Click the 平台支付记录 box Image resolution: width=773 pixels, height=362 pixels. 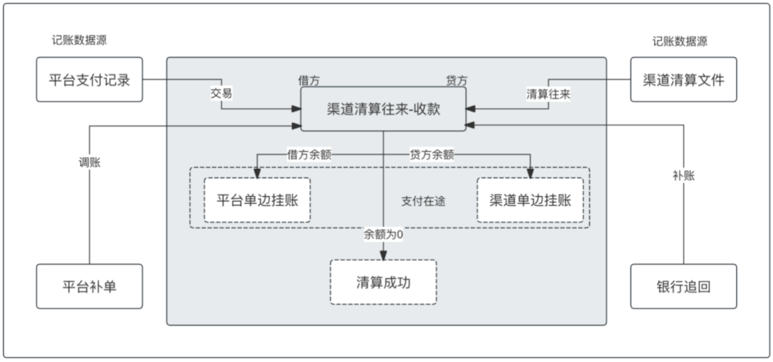pyautogui.click(x=89, y=79)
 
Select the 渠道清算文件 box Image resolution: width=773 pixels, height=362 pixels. pyautogui.click(x=684, y=79)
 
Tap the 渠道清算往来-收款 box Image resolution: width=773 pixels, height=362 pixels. pyautogui.click(x=383, y=109)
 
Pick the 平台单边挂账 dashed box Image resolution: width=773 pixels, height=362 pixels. pyautogui.click(x=258, y=200)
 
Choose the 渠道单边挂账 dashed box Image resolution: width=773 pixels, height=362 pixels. pyautogui.click(x=530, y=200)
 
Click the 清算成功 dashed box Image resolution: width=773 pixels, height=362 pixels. pyautogui.click(x=384, y=282)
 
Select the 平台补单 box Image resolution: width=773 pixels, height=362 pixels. pyautogui.click(x=89, y=286)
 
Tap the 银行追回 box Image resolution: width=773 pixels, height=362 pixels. pyautogui.click(x=684, y=286)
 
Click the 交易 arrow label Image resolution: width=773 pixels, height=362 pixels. pyautogui.click(x=221, y=94)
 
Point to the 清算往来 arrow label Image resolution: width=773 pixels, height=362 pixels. pyautogui.click(x=548, y=94)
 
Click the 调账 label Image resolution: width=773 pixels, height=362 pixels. pyautogui.click(x=89, y=162)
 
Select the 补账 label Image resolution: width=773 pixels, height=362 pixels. pyautogui.click(x=684, y=175)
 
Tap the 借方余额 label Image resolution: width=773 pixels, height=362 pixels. pyautogui.click(x=309, y=153)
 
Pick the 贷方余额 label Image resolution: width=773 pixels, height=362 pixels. pyautogui.click(x=432, y=153)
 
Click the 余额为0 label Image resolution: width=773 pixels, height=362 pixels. pyautogui.click(x=384, y=234)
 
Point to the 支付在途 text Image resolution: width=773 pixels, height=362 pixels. pyautogui.click(x=423, y=201)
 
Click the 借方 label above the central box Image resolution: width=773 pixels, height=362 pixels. pyautogui.click(x=309, y=80)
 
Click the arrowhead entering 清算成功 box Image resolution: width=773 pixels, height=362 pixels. pyautogui.click(x=384, y=255)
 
